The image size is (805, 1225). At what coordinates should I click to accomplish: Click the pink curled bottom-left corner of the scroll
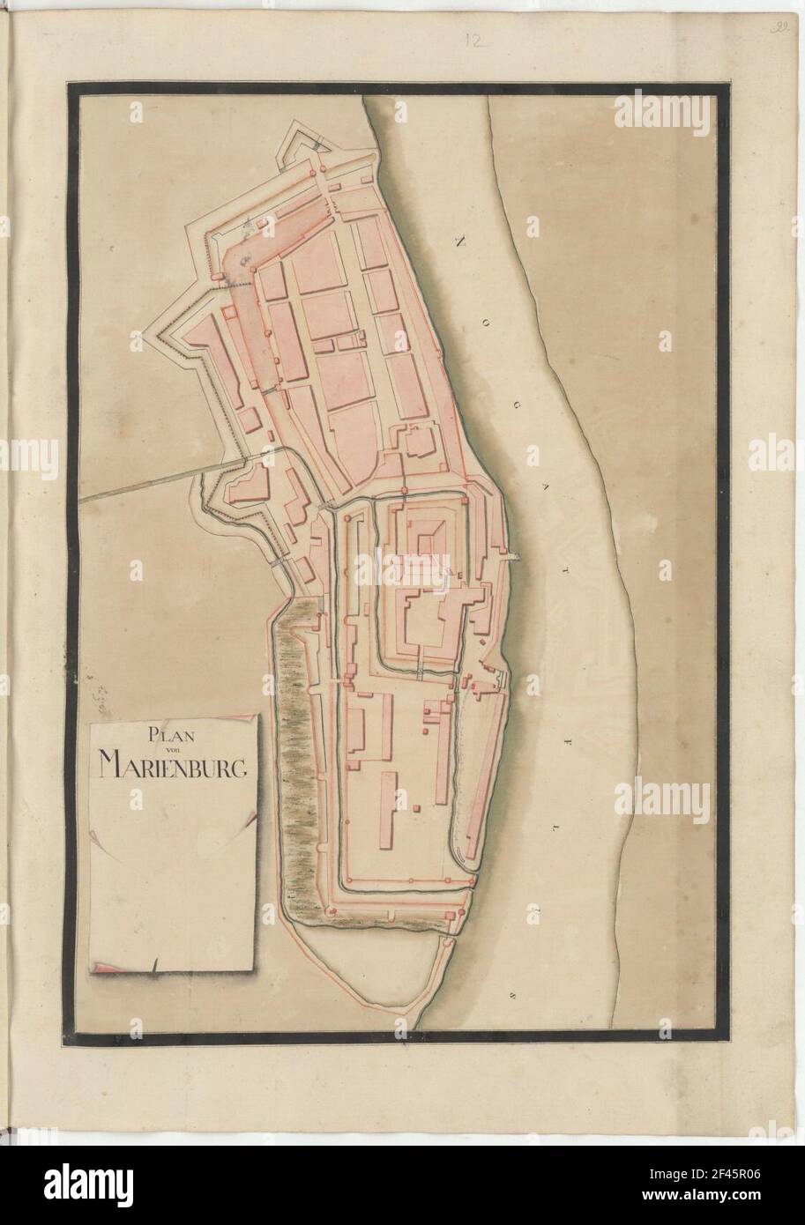click(x=104, y=969)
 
